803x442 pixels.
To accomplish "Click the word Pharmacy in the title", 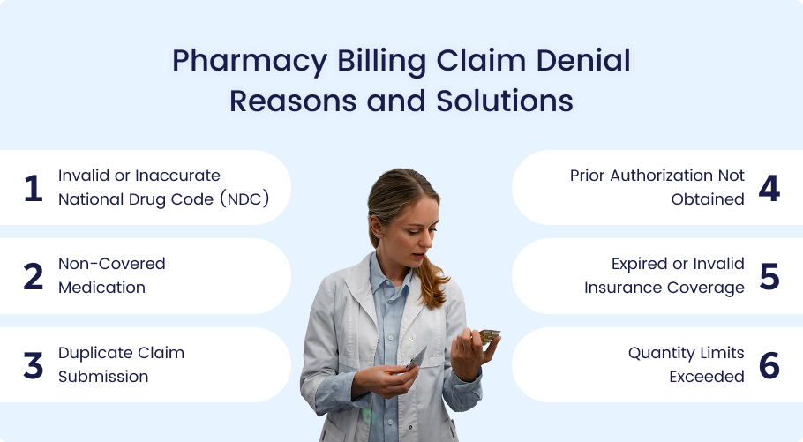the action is pos(250,62).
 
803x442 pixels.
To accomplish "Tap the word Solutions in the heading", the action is pos(505,101).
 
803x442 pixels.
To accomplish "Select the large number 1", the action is pos(34,188).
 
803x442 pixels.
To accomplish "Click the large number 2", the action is pos(34,276).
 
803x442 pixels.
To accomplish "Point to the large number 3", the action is pos(34,366).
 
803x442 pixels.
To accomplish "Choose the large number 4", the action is pos(769,188).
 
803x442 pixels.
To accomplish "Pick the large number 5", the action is pos(769,277).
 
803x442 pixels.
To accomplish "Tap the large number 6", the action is pos(769,366).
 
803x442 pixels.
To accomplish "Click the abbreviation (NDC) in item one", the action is pos(244,199).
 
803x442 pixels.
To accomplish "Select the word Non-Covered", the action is pos(112,264).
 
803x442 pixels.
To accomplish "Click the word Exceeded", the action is pos(707,377).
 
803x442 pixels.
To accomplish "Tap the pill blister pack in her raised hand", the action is pos(489,335).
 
